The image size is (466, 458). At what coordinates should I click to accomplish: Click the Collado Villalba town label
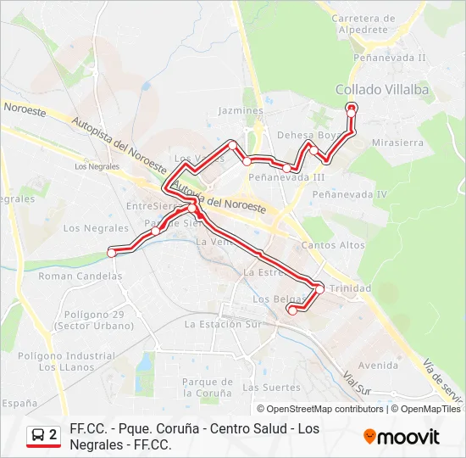click(x=382, y=89)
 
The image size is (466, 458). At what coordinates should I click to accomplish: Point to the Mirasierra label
click(x=397, y=142)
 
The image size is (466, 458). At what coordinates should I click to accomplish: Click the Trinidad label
click(x=350, y=288)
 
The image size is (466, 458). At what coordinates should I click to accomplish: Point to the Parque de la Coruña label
click(x=207, y=388)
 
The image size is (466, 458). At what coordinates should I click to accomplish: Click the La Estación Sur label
click(x=223, y=324)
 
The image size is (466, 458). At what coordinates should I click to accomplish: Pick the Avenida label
click(x=378, y=366)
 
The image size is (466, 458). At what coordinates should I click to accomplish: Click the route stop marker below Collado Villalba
click(x=352, y=107)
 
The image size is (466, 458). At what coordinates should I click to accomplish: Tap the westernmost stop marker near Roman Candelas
click(x=111, y=251)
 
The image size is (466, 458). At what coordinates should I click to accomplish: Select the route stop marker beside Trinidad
click(x=319, y=289)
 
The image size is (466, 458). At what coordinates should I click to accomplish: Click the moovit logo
click(x=402, y=437)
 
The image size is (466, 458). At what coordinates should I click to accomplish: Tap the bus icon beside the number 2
click(x=38, y=436)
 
